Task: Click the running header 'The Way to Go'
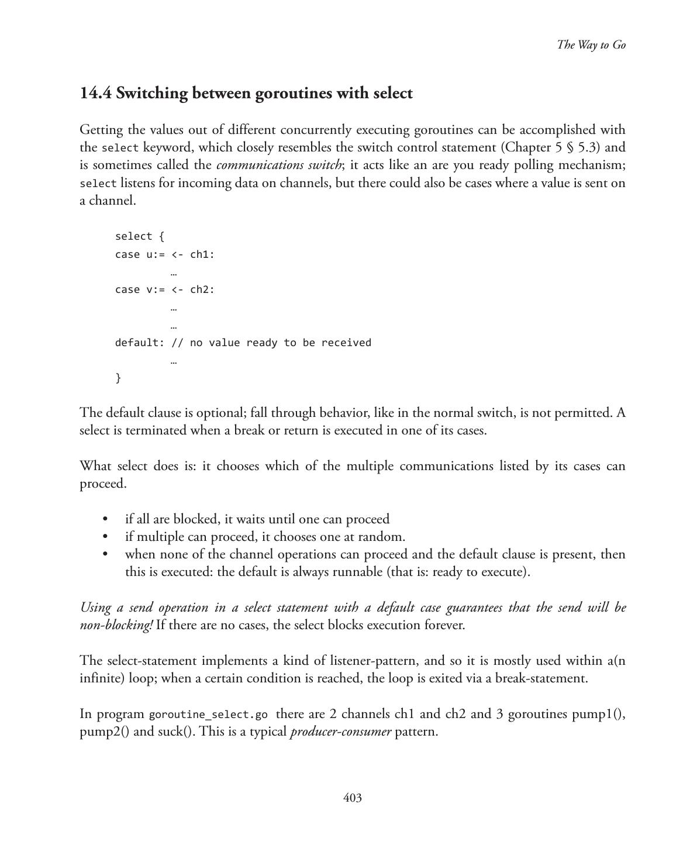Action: point(591,45)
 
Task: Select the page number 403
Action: point(353,798)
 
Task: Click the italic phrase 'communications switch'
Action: point(278,165)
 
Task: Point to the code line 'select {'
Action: point(140,236)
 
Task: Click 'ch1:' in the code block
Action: point(202,254)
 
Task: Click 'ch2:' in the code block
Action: point(202,289)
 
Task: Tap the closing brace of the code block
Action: point(118,378)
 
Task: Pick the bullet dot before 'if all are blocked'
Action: point(105,519)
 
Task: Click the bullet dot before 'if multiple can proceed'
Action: point(105,537)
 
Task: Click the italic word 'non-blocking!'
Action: point(116,625)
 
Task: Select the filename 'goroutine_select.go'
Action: point(208,715)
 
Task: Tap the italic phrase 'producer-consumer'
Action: point(340,731)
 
